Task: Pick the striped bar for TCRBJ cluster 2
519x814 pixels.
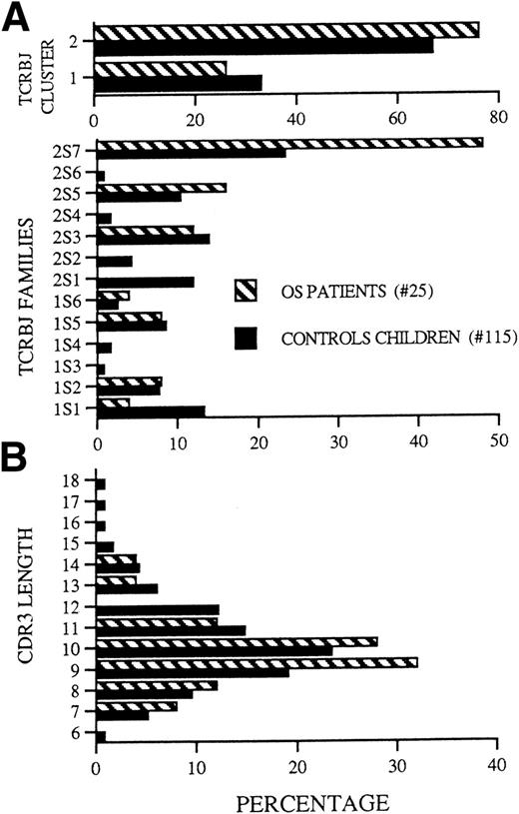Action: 285,29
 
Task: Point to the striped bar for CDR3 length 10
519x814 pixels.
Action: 237,641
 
